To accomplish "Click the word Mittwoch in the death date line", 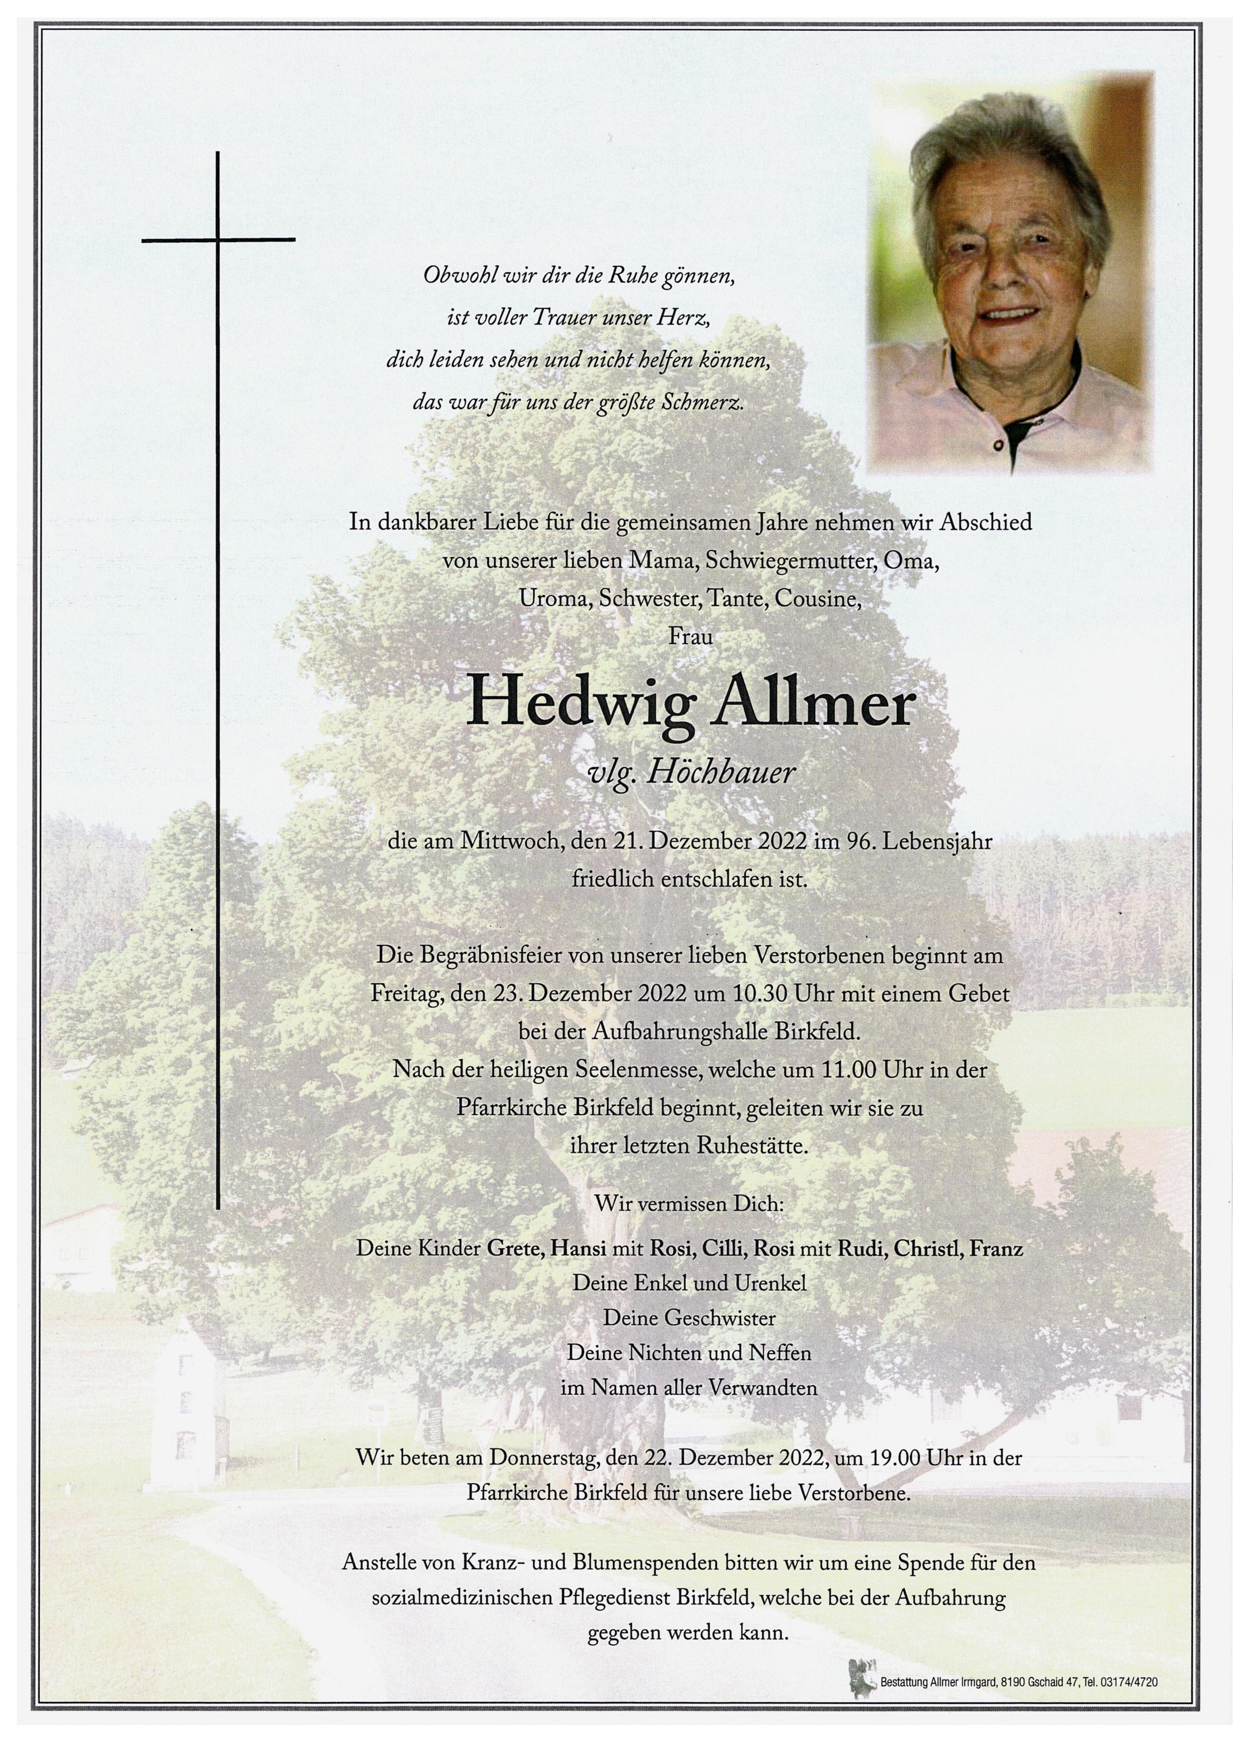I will coord(496,841).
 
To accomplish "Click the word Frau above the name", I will coord(690,636).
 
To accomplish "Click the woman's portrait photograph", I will coord(1010,275).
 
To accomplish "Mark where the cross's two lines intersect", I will coord(218,240).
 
